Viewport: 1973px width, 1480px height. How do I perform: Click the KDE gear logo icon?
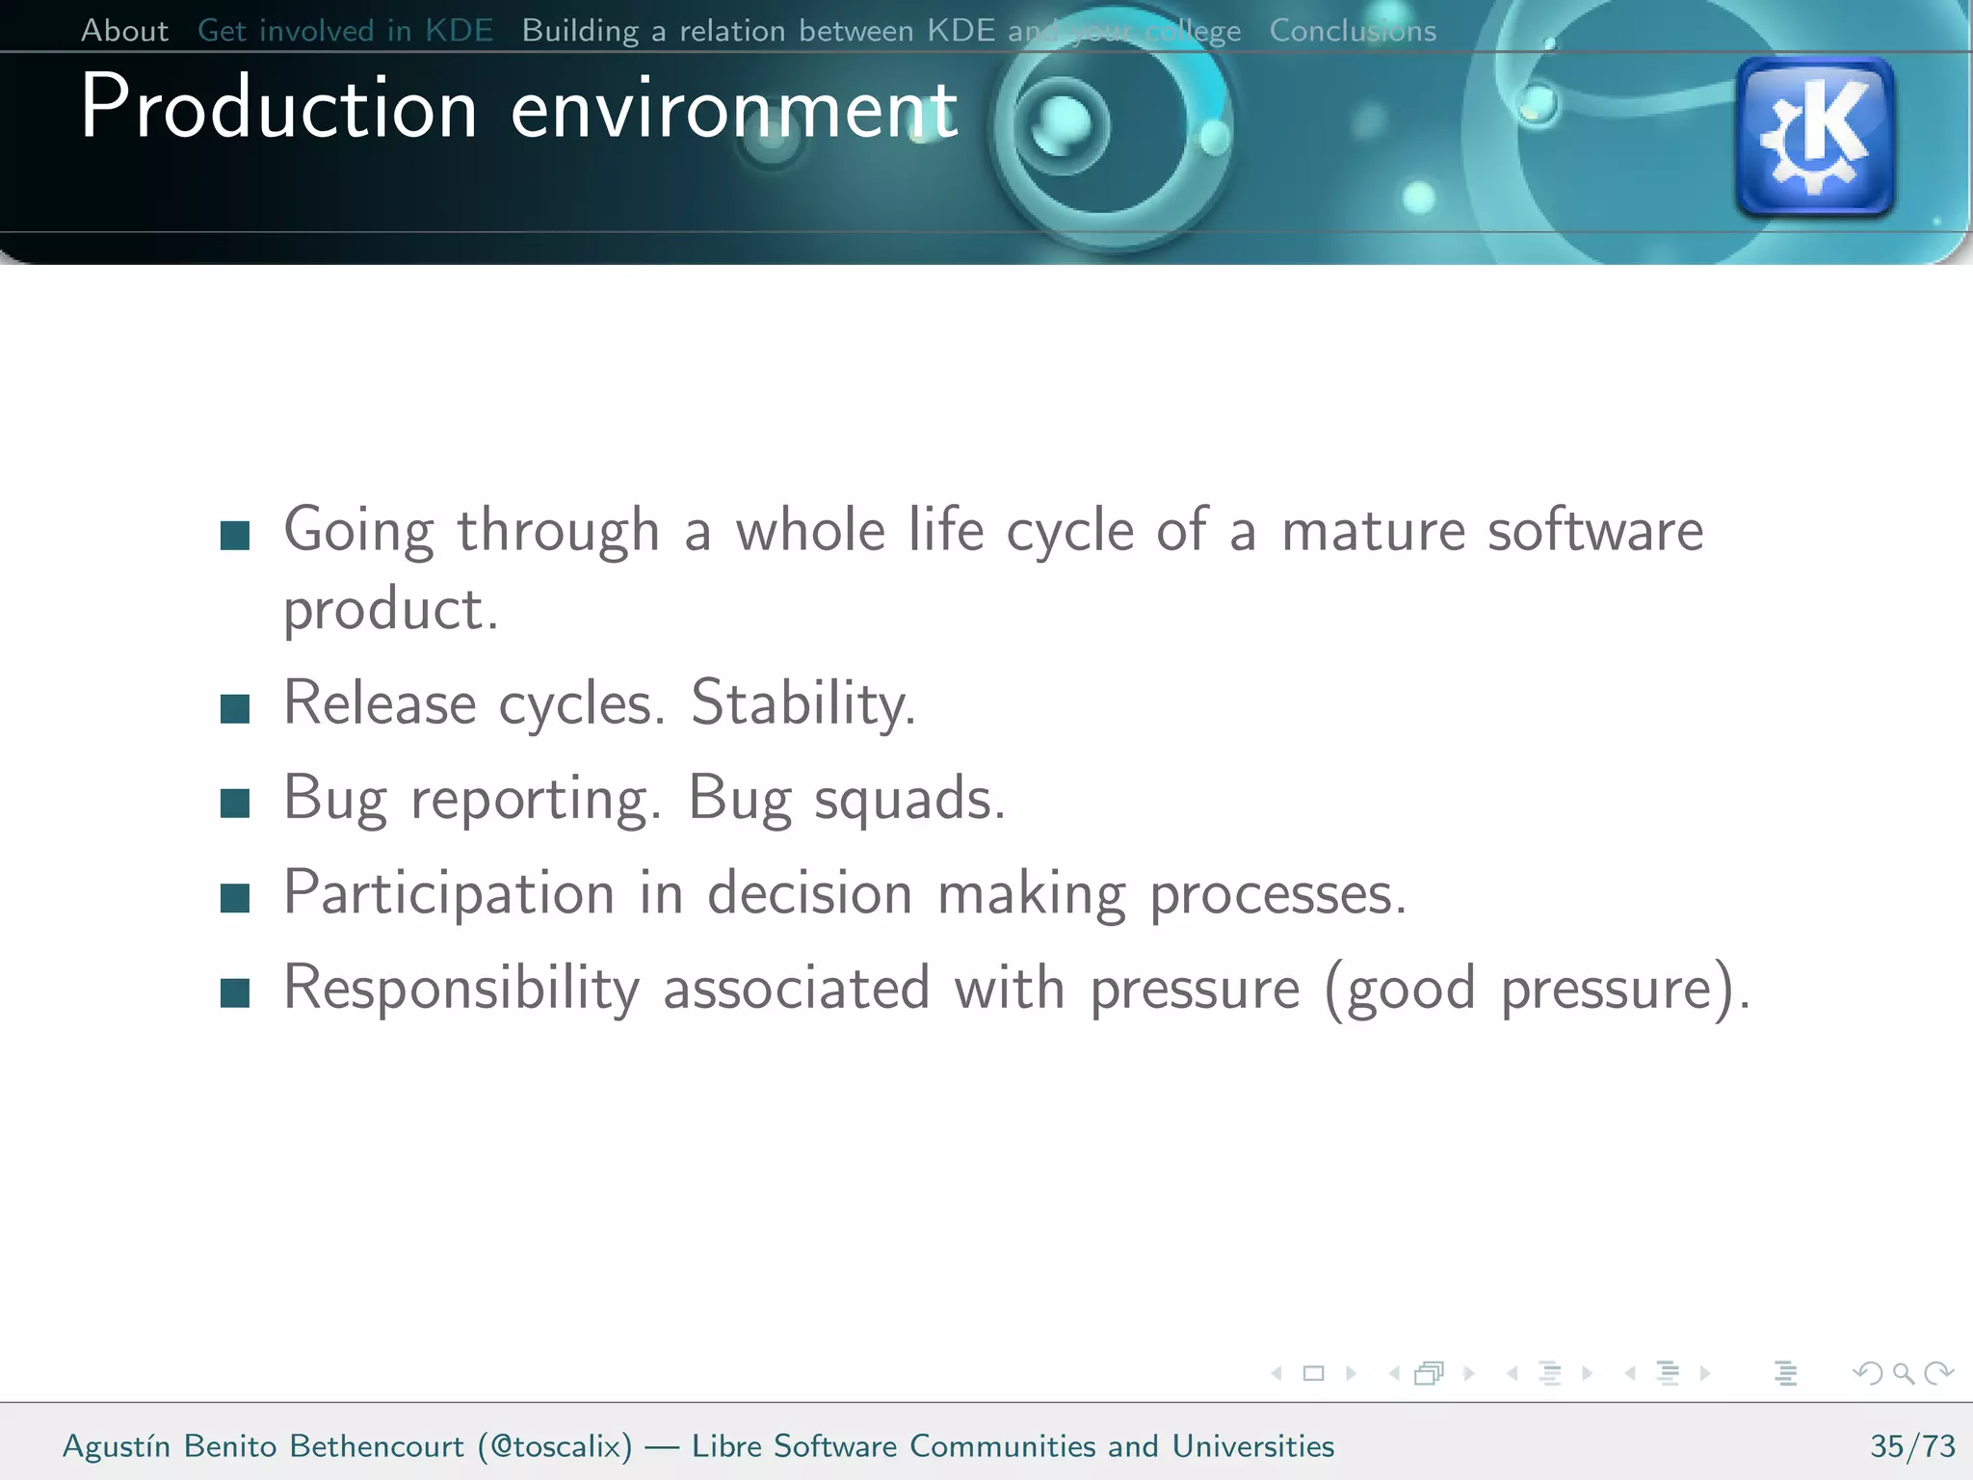[x=1815, y=137]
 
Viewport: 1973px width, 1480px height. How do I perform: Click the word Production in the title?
[x=279, y=109]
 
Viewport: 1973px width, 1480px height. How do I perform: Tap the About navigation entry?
[x=124, y=31]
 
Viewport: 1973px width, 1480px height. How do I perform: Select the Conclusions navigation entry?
[x=1352, y=31]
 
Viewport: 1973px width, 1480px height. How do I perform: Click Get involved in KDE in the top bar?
[x=345, y=31]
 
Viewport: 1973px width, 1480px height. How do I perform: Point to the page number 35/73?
[x=1912, y=1446]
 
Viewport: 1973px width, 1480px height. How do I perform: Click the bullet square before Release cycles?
[x=235, y=708]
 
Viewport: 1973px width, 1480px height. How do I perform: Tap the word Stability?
[x=802, y=704]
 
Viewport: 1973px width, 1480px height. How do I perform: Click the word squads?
[x=909, y=800]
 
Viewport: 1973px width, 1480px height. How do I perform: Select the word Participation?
[x=449, y=893]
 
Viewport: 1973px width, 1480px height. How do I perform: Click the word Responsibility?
[x=461, y=989]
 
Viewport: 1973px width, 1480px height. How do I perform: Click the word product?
[x=390, y=611]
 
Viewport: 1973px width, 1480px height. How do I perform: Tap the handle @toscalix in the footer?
[x=555, y=1446]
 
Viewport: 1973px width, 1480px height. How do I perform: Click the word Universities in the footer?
[x=1252, y=1446]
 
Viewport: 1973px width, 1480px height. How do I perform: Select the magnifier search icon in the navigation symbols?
[x=1903, y=1373]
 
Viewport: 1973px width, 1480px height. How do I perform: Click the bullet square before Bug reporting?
[x=235, y=803]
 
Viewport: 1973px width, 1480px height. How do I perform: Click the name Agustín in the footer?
[x=117, y=1446]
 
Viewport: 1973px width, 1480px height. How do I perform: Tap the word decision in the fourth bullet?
[x=810, y=893]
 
